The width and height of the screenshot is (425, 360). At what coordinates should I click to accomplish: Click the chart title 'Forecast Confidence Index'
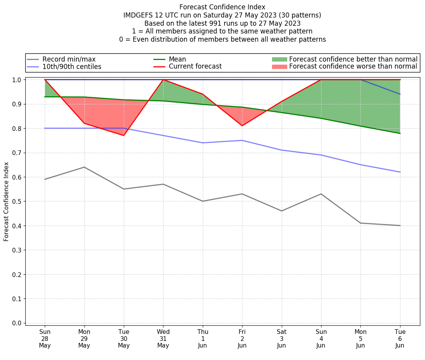click(x=222, y=7)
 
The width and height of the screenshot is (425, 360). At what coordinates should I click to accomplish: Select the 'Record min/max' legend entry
click(x=68, y=59)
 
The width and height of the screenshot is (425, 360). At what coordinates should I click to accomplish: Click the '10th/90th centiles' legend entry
click(x=72, y=67)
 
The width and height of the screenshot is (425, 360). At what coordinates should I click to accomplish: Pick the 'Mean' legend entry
click(x=177, y=59)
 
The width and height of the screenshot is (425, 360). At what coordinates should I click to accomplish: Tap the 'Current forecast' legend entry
click(x=195, y=67)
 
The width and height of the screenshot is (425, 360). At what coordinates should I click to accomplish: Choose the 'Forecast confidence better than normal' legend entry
click(x=353, y=59)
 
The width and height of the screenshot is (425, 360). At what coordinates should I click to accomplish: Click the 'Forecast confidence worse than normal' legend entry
click(x=353, y=67)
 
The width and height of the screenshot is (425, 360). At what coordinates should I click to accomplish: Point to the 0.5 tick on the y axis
click(x=18, y=201)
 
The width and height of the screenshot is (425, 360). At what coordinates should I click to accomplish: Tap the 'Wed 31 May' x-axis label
click(x=163, y=339)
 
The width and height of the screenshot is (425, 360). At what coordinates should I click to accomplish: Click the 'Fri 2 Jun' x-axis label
click(x=242, y=339)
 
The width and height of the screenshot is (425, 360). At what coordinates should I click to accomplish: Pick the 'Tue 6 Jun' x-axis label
click(x=400, y=339)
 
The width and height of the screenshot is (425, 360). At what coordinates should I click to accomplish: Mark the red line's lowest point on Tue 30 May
click(x=124, y=135)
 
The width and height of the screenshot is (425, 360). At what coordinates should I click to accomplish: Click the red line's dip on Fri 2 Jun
click(x=242, y=125)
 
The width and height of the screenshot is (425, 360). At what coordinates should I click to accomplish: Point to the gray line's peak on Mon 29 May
click(x=84, y=167)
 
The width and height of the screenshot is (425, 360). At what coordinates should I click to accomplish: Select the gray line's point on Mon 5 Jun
click(x=360, y=223)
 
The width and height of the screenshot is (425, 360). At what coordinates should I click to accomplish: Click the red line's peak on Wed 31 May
click(x=163, y=79)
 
